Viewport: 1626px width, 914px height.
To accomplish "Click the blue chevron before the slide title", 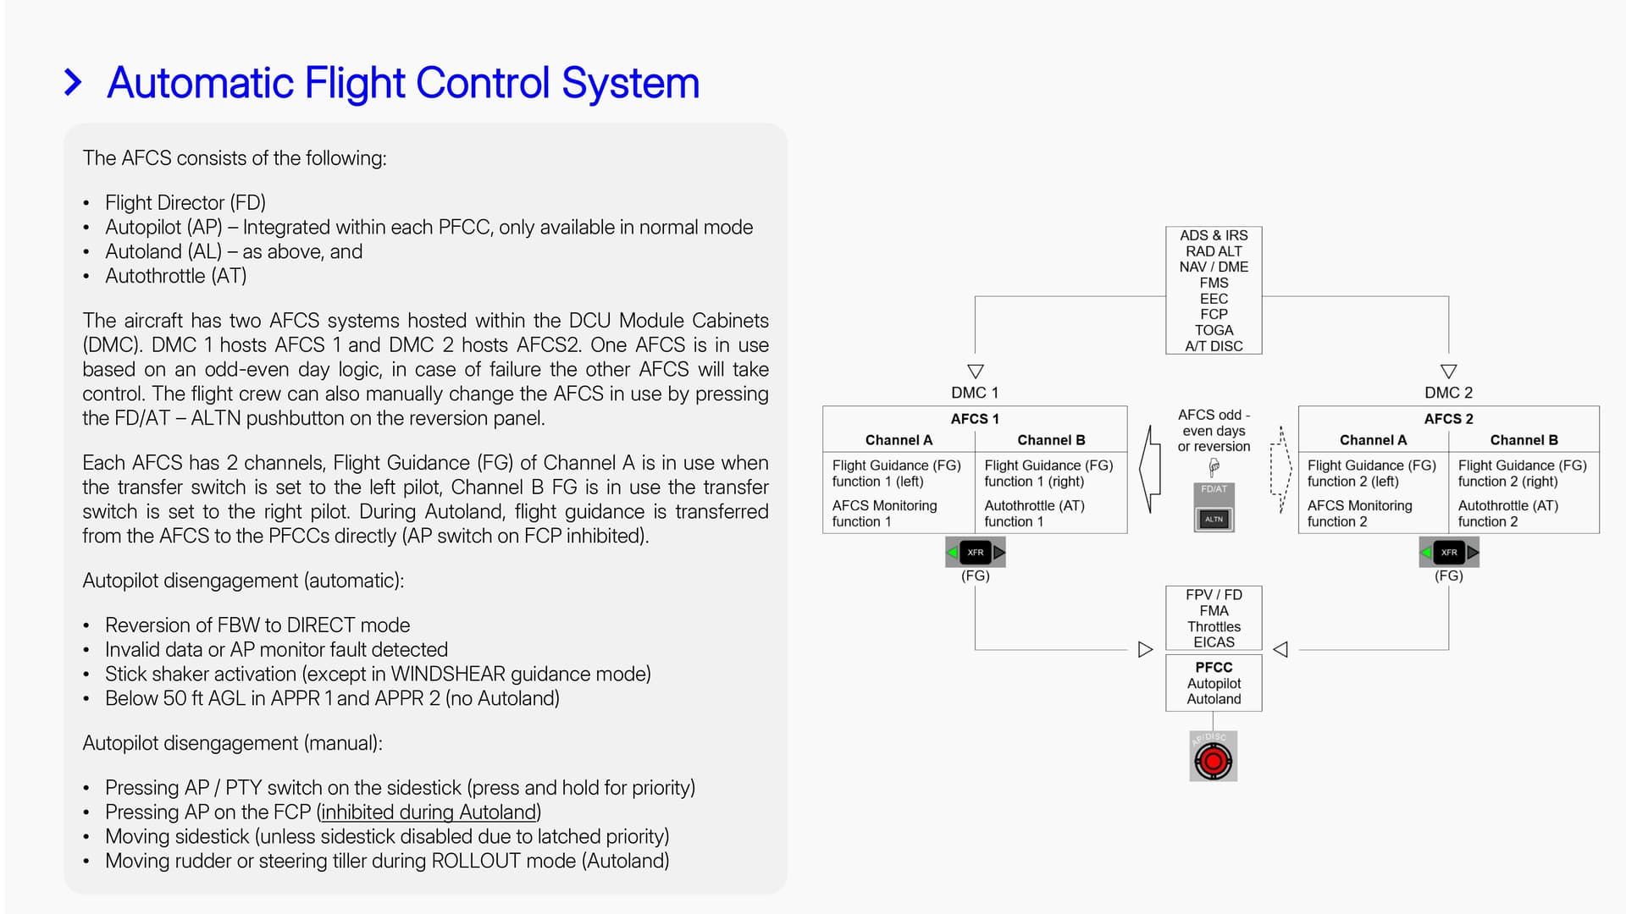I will (x=74, y=83).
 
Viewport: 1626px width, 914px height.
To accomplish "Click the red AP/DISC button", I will (x=1213, y=761).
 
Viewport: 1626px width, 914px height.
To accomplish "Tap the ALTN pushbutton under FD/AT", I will (x=1214, y=519).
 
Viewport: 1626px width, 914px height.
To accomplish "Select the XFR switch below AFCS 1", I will (x=976, y=553).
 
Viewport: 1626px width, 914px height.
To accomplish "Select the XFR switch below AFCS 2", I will (x=1449, y=553).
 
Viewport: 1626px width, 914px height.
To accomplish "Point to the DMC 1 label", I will (x=975, y=393).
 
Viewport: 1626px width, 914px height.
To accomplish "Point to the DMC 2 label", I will (x=1448, y=393).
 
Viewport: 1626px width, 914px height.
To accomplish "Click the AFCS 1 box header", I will (x=975, y=419).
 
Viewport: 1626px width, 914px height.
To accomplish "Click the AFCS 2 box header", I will (x=1448, y=419).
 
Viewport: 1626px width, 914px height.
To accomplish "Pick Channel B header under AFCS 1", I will (x=1051, y=440).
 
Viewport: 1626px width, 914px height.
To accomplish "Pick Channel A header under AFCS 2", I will (x=1373, y=440).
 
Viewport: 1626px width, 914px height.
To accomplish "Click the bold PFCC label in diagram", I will (x=1214, y=667).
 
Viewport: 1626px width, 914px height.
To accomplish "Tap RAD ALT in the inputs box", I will (x=1214, y=251).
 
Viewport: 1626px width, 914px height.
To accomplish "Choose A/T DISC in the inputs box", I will (x=1214, y=346).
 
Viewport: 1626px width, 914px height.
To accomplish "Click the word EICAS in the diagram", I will (x=1214, y=642).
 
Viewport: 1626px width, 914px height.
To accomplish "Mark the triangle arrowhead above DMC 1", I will (x=976, y=372).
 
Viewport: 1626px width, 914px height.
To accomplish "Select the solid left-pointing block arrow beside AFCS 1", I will (x=1149, y=469).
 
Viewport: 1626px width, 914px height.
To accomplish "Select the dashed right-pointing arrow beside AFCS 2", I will (x=1280, y=469).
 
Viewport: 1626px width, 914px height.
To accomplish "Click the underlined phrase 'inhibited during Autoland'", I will (x=429, y=812).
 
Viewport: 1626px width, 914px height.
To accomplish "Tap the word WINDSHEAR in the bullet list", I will (x=447, y=674).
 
